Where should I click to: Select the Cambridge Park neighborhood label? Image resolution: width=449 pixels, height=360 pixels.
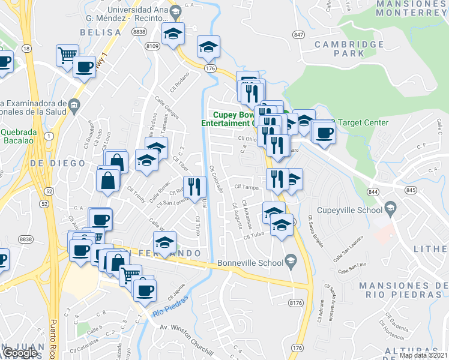pos(349,49)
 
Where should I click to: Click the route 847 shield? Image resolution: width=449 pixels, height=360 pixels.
pos(299,35)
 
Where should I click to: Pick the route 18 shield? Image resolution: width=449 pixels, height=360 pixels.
pos(26,47)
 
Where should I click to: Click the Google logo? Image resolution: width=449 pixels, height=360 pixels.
pos(20,353)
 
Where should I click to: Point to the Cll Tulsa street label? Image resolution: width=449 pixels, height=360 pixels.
pos(254,236)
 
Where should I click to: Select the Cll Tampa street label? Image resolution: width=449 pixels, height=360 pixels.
pos(246,187)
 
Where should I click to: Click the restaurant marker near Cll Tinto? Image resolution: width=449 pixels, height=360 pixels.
pos(194,187)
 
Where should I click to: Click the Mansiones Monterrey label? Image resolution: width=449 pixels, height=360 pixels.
pos(405,7)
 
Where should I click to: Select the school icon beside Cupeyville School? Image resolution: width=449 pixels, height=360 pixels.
pos(391,208)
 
